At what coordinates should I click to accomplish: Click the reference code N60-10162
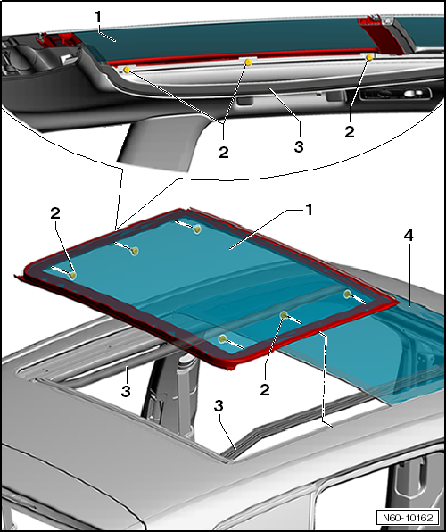(408, 518)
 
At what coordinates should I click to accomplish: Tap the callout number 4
(409, 235)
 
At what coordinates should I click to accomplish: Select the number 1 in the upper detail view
(98, 17)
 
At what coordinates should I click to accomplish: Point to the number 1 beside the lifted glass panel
(309, 210)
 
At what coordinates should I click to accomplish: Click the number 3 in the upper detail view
(299, 147)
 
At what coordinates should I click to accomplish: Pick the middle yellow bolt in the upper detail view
(248, 62)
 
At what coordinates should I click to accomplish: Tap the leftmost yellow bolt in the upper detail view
(127, 70)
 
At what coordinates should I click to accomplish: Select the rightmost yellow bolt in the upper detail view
(369, 58)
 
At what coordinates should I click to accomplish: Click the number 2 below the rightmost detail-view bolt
(350, 131)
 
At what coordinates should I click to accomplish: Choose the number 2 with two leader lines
(224, 153)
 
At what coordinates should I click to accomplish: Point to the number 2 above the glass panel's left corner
(55, 213)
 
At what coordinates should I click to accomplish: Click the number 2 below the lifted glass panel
(265, 390)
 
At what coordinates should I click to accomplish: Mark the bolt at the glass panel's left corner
(72, 275)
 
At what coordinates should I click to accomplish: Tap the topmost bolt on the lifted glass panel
(197, 229)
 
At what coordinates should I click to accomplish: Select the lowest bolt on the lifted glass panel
(222, 338)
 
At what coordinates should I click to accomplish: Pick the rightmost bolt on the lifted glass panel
(347, 294)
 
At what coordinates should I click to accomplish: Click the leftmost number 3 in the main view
(126, 392)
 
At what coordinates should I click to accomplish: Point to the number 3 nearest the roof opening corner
(219, 406)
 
